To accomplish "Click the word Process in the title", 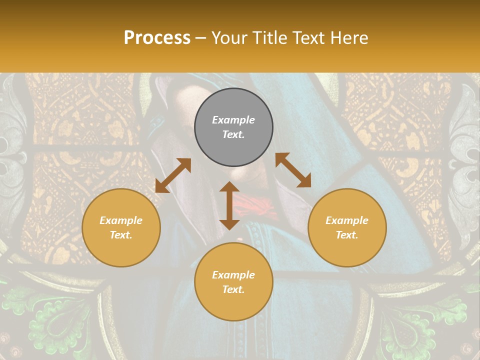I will coord(157,38).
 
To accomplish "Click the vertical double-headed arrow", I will coord(229,205).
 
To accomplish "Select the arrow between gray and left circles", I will coord(173,175).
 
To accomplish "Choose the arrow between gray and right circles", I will coord(293,170).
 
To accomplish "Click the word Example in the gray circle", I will coord(233,120).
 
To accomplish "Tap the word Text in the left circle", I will coord(121,235).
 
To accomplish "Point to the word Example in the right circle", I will coord(347,220).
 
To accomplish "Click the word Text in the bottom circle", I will coord(233,289).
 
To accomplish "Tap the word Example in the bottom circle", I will coord(233,275).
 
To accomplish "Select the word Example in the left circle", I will coord(121,220).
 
